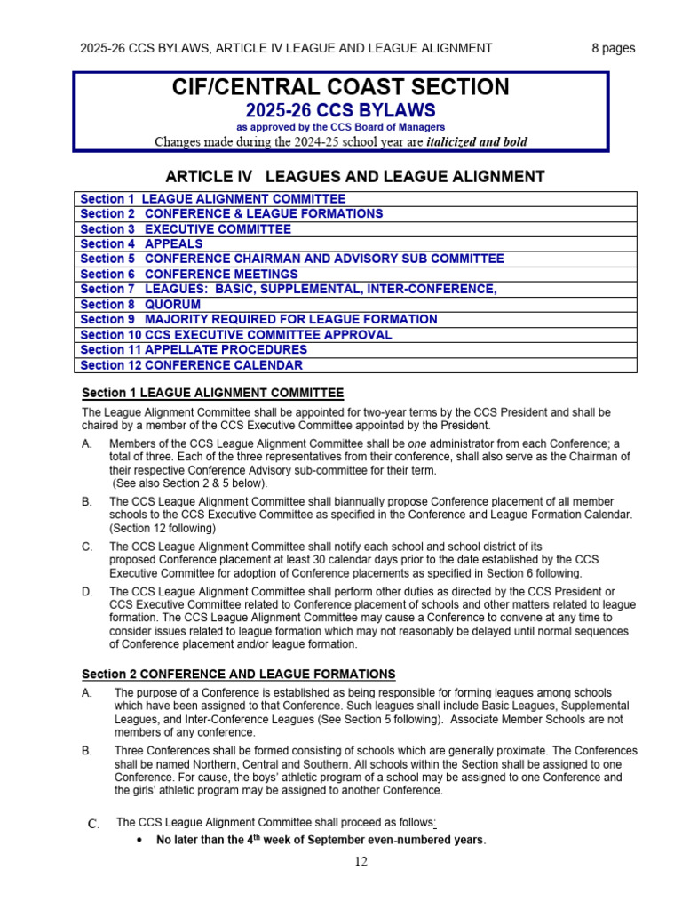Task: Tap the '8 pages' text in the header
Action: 613,48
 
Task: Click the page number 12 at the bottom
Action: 360,861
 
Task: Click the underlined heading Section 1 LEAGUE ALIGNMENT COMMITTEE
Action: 212,393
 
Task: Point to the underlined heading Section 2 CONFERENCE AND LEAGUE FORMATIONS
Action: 239,675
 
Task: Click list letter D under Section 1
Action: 87,592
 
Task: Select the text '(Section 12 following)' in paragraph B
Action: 163,528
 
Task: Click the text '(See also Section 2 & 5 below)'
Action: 189,483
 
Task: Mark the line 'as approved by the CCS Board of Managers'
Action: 340,128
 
